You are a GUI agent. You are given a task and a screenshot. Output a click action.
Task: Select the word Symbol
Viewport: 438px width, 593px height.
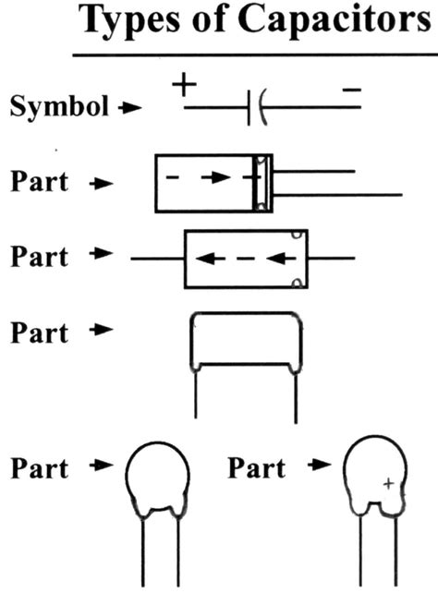point(61,107)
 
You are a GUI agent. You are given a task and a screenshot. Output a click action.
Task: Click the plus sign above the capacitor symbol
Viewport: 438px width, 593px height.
point(185,85)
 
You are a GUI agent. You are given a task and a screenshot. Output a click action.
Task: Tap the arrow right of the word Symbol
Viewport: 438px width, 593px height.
point(130,108)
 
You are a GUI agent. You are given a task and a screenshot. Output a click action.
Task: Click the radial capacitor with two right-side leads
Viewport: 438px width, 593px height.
point(213,183)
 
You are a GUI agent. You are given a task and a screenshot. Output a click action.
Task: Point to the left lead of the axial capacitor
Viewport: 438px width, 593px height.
point(157,259)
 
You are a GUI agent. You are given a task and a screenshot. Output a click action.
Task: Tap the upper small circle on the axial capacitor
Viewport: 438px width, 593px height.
point(296,236)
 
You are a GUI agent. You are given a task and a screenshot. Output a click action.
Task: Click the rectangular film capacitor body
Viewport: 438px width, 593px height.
point(246,342)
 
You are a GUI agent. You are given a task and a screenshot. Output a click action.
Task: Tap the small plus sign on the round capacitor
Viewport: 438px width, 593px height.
point(389,482)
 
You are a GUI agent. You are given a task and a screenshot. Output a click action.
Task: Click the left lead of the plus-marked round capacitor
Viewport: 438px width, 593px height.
point(359,554)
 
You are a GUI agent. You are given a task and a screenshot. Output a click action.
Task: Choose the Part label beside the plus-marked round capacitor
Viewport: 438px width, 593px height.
point(258,469)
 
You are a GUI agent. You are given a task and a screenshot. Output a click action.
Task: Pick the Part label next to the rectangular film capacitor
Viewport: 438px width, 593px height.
point(39,333)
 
